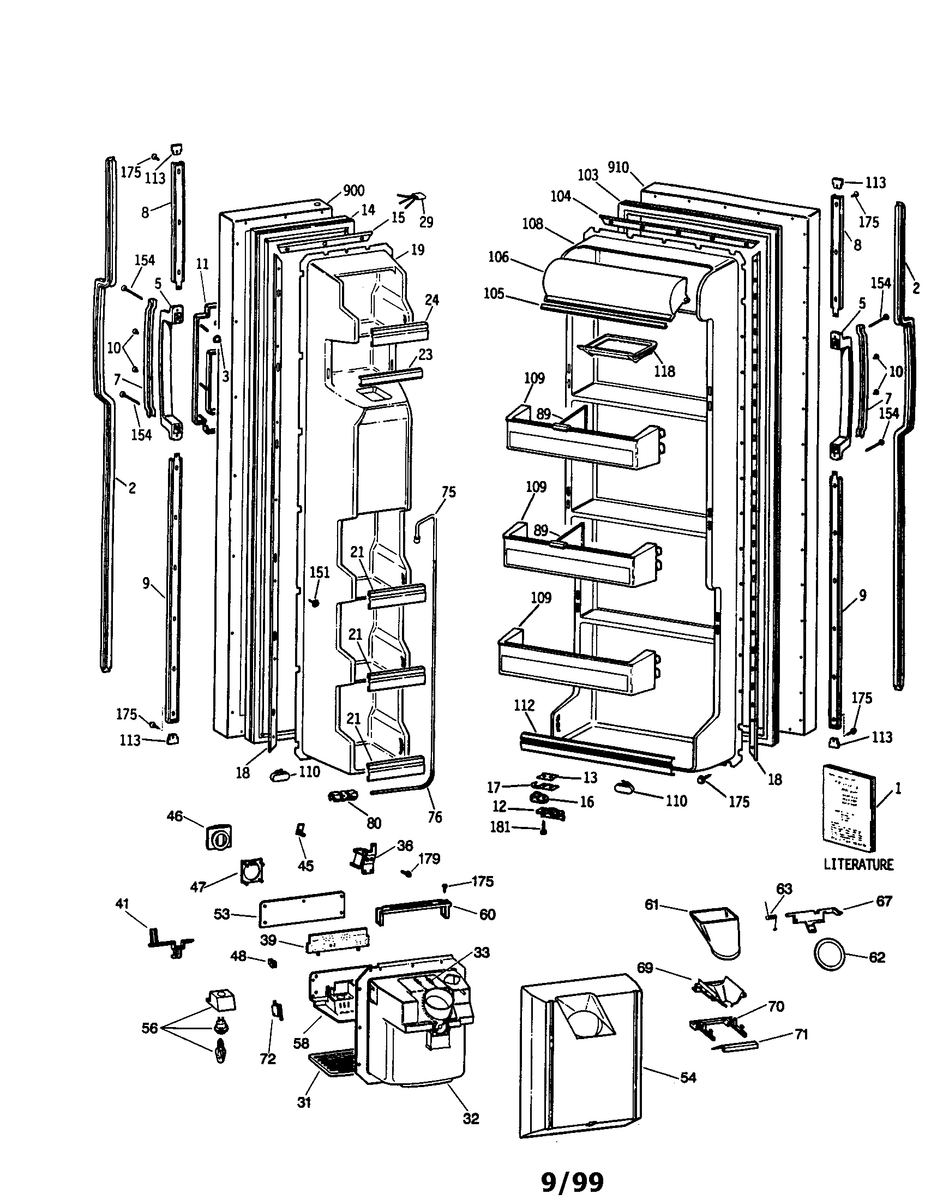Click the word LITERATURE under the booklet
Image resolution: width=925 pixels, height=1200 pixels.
[x=858, y=865]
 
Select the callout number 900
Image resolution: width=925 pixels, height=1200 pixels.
[x=353, y=191]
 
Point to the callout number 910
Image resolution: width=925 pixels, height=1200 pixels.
[x=618, y=167]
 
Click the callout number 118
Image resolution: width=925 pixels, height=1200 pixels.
[x=664, y=371]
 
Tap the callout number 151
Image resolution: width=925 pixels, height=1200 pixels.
[x=319, y=573]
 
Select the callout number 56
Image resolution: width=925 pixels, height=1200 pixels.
[x=149, y=1028]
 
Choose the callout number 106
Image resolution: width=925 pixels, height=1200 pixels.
[x=498, y=257]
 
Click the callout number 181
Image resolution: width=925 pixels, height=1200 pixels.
[x=500, y=827]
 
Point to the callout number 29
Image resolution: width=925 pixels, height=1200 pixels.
[x=426, y=222]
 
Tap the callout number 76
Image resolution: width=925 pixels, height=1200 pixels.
[x=434, y=817]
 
